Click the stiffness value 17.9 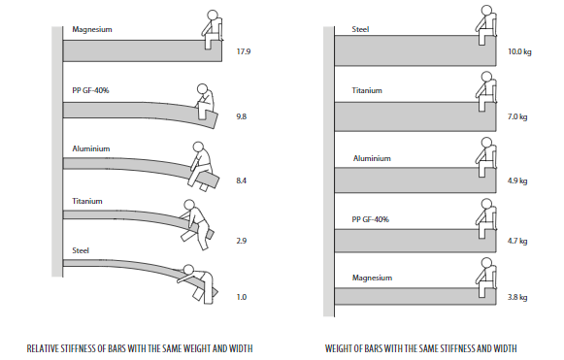(x=243, y=51)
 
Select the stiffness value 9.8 (x=242, y=116)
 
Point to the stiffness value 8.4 (x=242, y=180)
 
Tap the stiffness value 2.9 (x=242, y=241)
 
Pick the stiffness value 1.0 (x=242, y=297)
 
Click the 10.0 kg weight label (x=519, y=51)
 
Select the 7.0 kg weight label (x=517, y=116)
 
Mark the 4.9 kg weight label (x=517, y=180)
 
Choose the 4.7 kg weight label (x=517, y=241)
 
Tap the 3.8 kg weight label (x=517, y=298)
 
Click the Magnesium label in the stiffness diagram (x=92, y=29)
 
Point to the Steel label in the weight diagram (x=360, y=29)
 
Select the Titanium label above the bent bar (x=87, y=201)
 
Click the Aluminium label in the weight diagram (x=372, y=158)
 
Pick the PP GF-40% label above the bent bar (x=90, y=90)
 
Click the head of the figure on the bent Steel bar (x=188, y=270)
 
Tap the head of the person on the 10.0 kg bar (x=486, y=10)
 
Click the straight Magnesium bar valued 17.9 (x=143, y=50)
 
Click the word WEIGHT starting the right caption (x=339, y=348)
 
